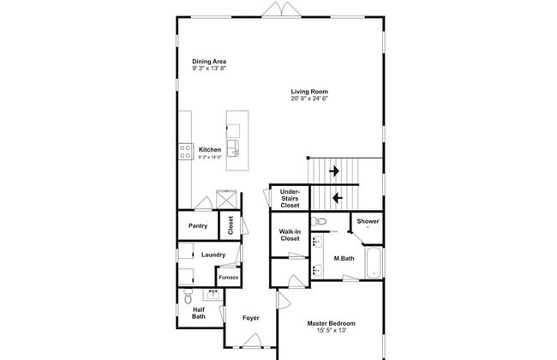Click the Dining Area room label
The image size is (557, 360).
209,62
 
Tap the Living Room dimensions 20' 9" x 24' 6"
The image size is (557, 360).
309,99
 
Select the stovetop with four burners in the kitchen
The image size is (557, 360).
185,152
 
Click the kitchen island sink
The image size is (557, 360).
233,147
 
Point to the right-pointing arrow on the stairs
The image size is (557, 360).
334,171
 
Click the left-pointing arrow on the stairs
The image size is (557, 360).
337,198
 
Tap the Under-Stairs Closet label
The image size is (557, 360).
290,199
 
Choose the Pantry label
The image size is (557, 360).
198,225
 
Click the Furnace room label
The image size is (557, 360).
229,278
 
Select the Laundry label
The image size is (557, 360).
213,255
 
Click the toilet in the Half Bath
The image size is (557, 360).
188,297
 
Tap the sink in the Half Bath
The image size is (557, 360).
213,295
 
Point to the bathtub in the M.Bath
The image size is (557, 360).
374,263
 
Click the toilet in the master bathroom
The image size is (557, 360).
319,221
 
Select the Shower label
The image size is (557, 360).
368,221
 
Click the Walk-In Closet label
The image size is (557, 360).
290,235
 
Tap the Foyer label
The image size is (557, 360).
251,318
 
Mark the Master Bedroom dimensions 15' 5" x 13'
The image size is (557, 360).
331,331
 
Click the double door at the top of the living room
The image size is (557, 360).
281,9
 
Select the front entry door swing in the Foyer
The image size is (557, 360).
252,340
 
